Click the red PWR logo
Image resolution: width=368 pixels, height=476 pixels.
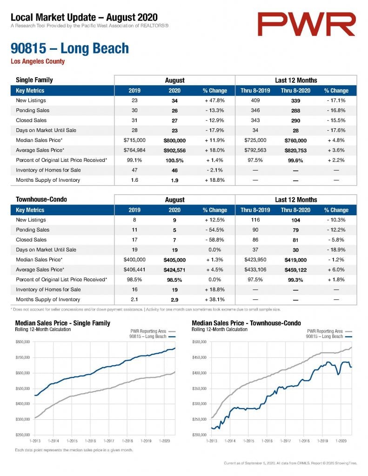pos(306,24)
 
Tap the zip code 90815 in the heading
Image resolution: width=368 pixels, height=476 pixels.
pos(28,48)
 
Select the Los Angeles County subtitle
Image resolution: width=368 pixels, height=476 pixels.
pos(38,61)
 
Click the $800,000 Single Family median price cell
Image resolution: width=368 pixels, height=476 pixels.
pos(174,140)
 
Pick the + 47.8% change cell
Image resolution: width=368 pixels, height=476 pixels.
pos(214,100)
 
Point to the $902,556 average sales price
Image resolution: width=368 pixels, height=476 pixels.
pos(174,151)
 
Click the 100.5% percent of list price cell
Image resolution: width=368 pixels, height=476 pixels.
pos(174,160)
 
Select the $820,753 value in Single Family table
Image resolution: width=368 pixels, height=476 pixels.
pos(295,151)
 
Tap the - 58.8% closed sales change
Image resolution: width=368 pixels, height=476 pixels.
pos(214,240)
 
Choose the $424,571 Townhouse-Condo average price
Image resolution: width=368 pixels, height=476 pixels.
pos(174,270)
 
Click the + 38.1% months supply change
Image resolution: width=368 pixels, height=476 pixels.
pos(214,300)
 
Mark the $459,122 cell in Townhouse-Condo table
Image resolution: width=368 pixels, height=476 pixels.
pos(295,270)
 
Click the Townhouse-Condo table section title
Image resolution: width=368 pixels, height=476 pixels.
pos(41,199)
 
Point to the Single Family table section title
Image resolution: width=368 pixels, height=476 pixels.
pos(34,80)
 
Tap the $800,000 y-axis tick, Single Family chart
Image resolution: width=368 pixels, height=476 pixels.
pos(23,342)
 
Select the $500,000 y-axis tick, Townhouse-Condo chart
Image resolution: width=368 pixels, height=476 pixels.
pos(199,342)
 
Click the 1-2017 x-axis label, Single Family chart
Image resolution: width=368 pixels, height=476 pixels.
pos(109,441)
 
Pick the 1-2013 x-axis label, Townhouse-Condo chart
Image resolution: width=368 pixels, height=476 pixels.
pos(212,441)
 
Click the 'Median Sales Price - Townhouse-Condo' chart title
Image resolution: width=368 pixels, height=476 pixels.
pos(247,323)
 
